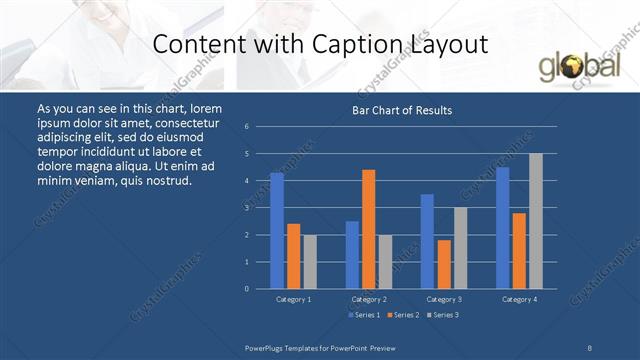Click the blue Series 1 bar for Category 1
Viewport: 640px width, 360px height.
[x=277, y=231]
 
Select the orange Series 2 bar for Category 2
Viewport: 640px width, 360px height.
[x=369, y=229]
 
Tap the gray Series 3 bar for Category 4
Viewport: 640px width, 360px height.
[x=536, y=221]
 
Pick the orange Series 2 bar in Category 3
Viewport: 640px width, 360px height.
[x=444, y=264]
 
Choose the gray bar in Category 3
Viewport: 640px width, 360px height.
[x=461, y=248]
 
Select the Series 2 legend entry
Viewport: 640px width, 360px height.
[x=403, y=315]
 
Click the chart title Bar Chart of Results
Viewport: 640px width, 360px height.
[x=402, y=110]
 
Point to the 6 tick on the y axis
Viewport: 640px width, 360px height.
[x=246, y=127]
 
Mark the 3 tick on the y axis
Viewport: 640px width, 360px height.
[x=246, y=208]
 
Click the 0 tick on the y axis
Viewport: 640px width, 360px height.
[x=246, y=289]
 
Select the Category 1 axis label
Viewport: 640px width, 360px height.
[x=293, y=299]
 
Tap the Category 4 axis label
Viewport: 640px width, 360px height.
[x=519, y=299]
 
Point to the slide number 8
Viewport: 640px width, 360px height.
[x=590, y=346]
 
